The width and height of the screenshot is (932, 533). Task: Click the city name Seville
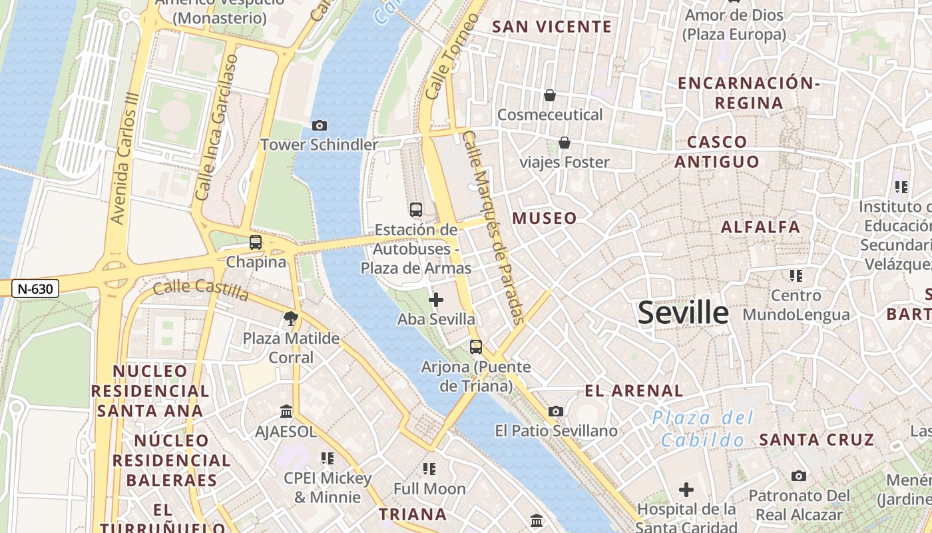(683, 312)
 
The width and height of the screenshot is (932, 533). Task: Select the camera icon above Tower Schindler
(319, 125)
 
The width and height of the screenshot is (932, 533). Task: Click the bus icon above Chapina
(256, 243)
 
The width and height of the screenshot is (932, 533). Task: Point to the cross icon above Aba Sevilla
(436, 300)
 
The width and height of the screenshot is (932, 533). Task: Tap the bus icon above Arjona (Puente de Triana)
(475, 347)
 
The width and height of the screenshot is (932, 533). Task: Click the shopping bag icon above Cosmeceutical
(550, 96)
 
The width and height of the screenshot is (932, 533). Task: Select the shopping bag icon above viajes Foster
(565, 143)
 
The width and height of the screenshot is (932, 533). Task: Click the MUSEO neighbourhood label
(545, 219)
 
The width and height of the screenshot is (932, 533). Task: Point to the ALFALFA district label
(760, 227)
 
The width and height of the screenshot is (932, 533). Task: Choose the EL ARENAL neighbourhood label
(634, 391)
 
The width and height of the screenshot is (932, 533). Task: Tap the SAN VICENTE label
(551, 27)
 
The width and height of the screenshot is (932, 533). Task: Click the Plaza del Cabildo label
(702, 429)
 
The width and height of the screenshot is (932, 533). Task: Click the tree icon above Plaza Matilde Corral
(290, 318)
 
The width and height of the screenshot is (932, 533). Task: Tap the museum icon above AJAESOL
(286, 412)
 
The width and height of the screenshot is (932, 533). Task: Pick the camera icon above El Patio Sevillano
(556, 412)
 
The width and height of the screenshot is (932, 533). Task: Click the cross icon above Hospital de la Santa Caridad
(686, 490)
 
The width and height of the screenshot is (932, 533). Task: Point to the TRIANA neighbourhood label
(413, 514)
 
